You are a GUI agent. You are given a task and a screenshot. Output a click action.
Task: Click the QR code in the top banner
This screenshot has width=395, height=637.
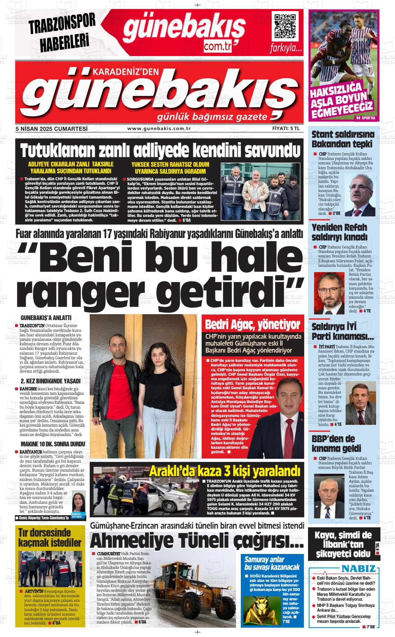(286, 26)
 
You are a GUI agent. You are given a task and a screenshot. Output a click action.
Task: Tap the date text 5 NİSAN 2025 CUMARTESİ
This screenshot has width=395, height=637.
(51, 129)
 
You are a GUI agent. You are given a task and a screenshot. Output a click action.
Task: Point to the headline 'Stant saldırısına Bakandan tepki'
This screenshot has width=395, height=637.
(342, 139)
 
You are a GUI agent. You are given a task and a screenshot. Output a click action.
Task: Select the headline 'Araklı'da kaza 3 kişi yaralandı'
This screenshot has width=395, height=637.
(225, 471)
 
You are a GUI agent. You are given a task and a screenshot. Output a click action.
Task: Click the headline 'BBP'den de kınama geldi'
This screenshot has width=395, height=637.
(333, 444)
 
